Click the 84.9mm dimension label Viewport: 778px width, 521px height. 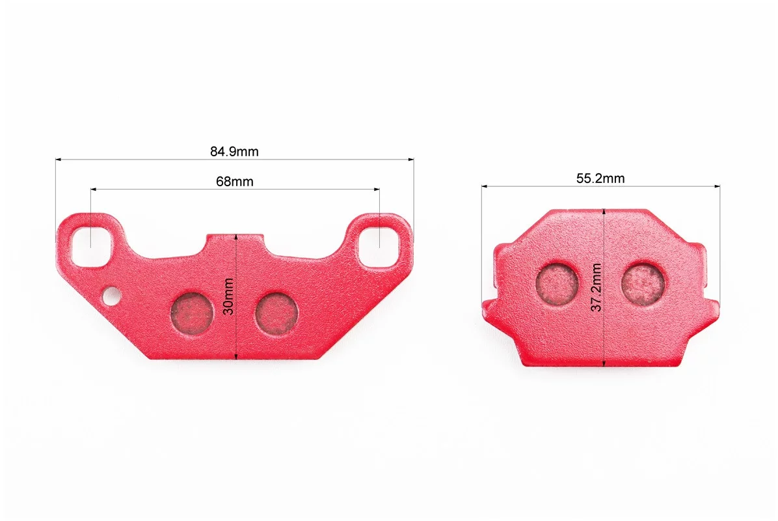(x=234, y=152)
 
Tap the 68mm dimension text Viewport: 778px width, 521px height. (x=235, y=182)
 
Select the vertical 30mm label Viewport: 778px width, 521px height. (x=228, y=296)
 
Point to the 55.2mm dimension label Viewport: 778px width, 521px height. (x=600, y=178)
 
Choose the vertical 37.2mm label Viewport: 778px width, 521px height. (x=597, y=287)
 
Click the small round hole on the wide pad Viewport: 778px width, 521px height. (x=112, y=296)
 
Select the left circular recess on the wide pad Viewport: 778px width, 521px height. (x=191, y=312)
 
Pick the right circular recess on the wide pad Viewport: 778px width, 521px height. (x=276, y=312)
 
